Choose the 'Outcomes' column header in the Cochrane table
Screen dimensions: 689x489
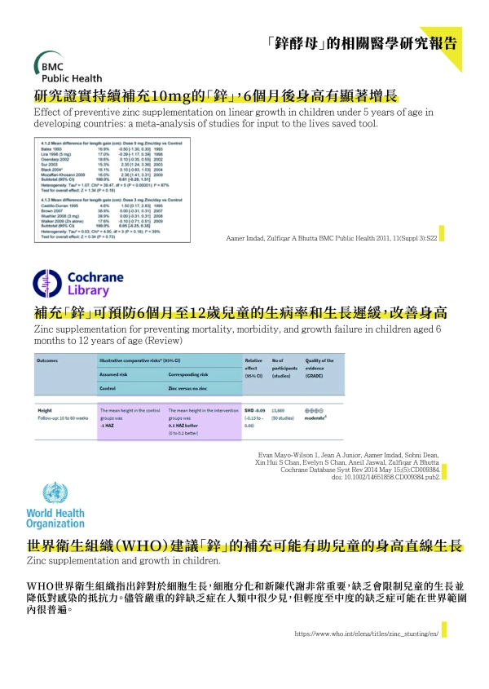pos(51,360)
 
